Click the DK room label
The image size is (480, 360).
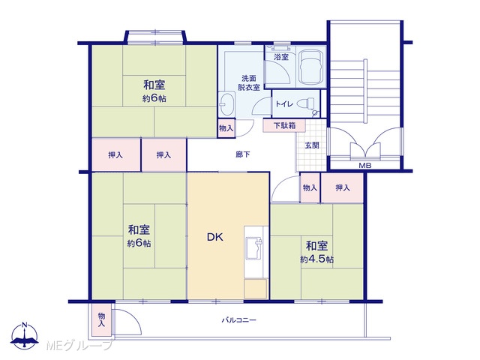pyautogui.click(x=215, y=237)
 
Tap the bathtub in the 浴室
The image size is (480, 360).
pyautogui.click(x=310, y=67)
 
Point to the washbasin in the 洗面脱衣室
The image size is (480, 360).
pyautogui.click(x=226, y=103)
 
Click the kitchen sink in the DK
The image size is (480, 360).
pyautogui.click(x=254, y=247)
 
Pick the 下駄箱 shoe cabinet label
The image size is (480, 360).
pyautogui.click(x=284, y=125)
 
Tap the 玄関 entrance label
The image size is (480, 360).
pyautogui.click(x=312, y=145)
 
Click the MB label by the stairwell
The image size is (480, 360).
pyautogui.click(x=365, y=166)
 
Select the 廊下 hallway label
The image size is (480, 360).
pyautogui.click(x=243, y=154)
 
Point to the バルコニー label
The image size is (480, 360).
pyautogui.click(x=238, y=320)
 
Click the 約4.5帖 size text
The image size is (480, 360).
pyautogui.click(x=316, y=259)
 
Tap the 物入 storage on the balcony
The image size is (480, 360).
pyautogui.click(x=101, y=319)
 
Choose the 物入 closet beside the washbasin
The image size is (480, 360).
pyautogui.click(x=226, y=127)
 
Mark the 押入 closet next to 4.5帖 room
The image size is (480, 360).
pyautogui.click(x=342, y=187)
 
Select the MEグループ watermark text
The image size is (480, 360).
pyautogui.click(x=79, y=345)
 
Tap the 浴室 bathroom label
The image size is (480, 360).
pyautogui.click(x=281, y=57)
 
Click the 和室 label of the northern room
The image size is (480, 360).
pyautogui.click(x=154, y=85)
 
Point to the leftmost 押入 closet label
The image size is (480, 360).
pyautogui.click(x=115, y=155)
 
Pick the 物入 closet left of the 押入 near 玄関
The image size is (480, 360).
pyautogui.click(x=310, y=187)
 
